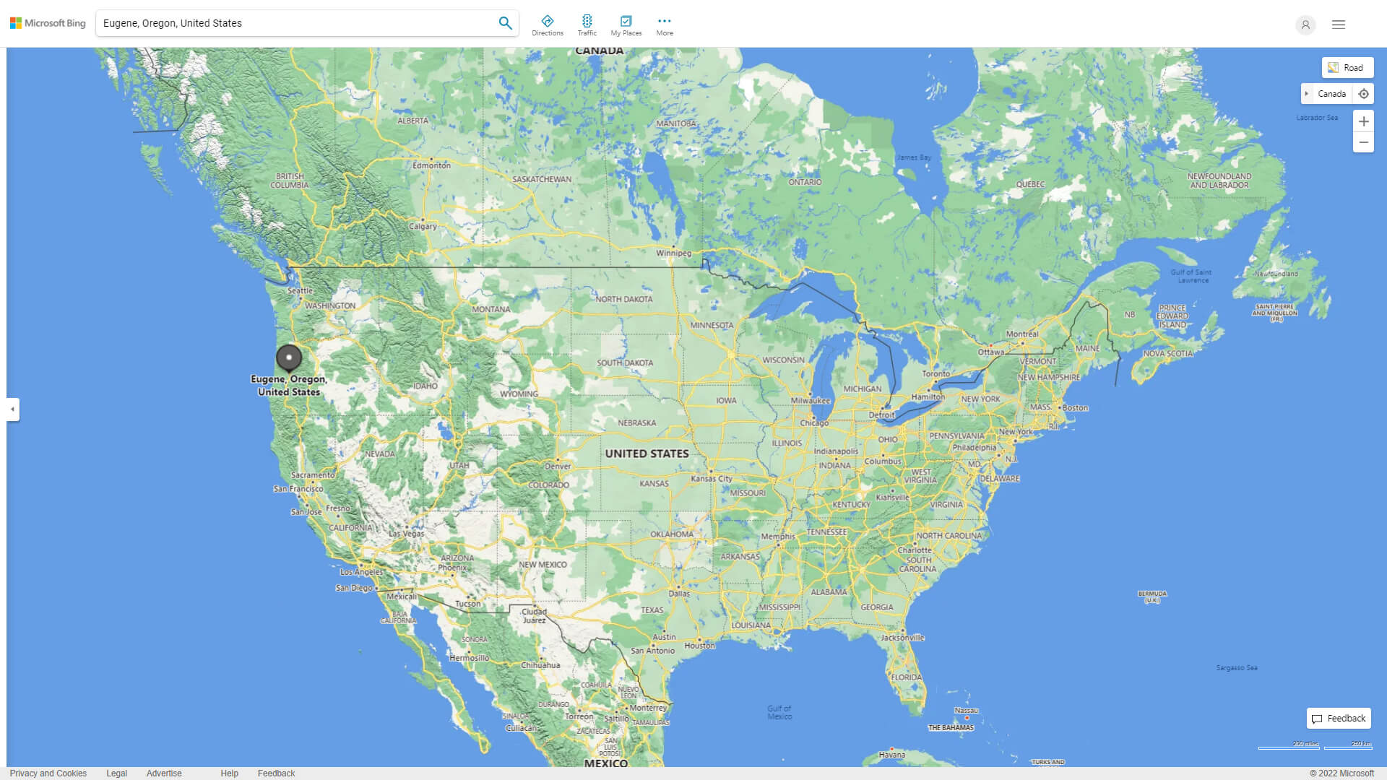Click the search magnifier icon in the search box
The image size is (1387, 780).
click(505, 23)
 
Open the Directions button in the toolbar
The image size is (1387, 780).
click(547, 25)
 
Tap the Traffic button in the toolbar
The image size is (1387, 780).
click(587, 25)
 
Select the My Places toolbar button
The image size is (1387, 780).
click(626, 25)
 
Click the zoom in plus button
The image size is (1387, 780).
click(1363, 121)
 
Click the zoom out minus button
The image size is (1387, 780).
click(1363, 142)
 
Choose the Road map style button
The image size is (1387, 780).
click(1347, 68)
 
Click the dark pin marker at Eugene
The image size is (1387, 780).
click(289, 357)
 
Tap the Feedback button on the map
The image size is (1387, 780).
click(1339, 719)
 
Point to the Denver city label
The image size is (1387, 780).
click(558, 467)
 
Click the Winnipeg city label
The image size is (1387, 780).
click(673, 253)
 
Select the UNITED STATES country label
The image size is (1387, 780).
click(647, 454)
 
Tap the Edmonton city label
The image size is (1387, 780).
click(431, 165)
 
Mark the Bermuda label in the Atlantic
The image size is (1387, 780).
click(1152, 597)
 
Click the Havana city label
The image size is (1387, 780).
click(891, 755)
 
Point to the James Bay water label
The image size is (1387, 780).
click(914, 157)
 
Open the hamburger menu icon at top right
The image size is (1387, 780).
click(1339, 25)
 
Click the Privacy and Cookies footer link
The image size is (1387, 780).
click(48, 773)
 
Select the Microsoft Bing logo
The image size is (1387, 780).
click(48, 23)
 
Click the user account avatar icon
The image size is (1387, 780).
click(1305, 25)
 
